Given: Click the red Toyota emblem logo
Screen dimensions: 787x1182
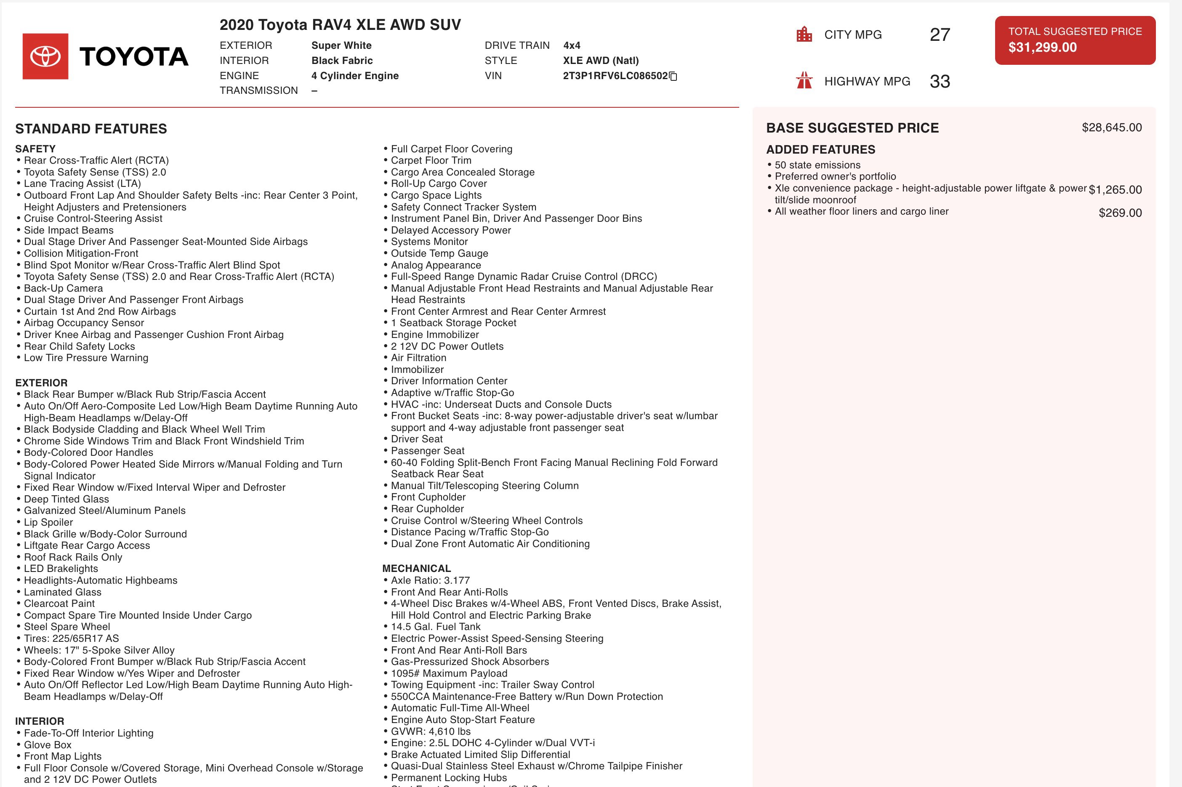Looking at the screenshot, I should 45,56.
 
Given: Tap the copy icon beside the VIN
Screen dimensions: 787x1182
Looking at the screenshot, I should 674,76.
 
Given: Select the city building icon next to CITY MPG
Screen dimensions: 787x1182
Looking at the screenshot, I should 804,34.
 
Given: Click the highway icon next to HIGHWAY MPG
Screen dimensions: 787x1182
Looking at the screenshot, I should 804,80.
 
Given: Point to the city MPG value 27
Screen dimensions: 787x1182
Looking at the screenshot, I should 940,35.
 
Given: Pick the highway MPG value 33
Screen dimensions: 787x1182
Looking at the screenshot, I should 940,81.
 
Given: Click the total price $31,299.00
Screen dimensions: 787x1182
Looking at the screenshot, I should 1043,48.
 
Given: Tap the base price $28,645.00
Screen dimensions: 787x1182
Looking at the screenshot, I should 1111,128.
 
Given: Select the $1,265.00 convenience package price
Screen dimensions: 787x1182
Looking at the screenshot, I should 1115,190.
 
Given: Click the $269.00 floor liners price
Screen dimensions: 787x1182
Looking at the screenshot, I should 1120,213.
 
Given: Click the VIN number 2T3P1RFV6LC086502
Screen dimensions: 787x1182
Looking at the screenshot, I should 615,76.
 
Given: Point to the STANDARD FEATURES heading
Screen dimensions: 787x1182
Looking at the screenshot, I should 91,128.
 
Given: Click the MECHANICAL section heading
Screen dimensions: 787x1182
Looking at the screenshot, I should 417,568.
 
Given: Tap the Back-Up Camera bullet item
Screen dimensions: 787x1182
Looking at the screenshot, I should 63,288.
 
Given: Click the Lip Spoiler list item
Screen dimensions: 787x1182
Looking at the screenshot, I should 48,522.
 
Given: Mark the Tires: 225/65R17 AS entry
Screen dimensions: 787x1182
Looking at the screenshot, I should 71,638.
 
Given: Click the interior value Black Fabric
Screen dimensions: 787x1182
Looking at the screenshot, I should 342,61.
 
